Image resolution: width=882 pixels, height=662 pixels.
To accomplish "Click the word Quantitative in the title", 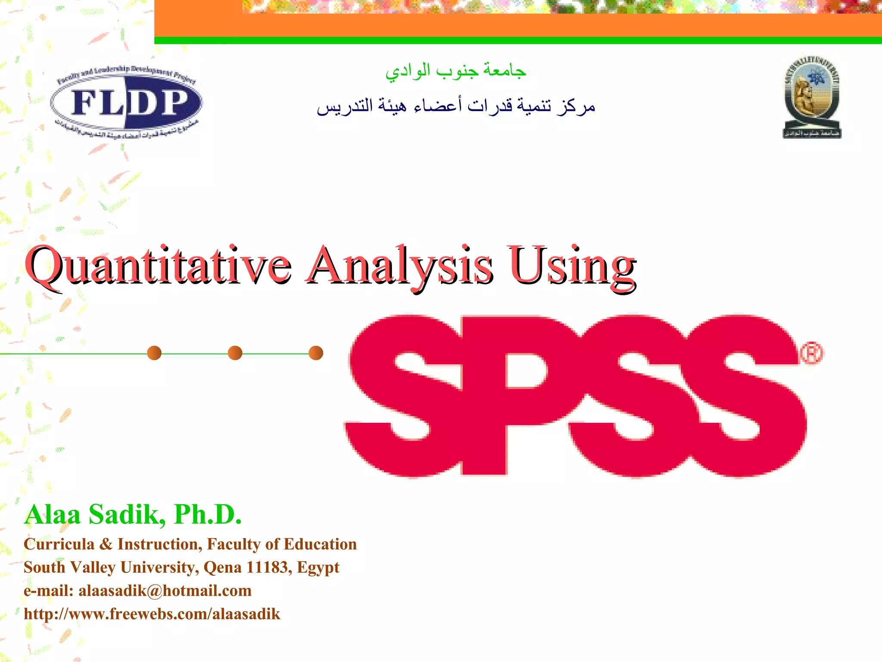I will pos(158,266).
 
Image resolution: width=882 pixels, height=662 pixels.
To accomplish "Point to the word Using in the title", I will pos(572,266).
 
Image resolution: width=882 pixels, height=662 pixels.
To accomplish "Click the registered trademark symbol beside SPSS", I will pos(811,353).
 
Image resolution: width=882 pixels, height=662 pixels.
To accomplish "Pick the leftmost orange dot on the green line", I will pos(154,353).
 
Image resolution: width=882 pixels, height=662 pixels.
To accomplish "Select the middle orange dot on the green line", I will pos(235,353).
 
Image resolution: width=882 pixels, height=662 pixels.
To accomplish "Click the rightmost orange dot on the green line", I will pos(316,353).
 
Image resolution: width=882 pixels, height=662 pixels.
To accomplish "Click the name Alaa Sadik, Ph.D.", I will pos(133,514).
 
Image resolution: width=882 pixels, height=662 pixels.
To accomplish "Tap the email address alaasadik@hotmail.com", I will pos(165,590).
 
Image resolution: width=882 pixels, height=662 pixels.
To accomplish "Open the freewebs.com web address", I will pos(152,614).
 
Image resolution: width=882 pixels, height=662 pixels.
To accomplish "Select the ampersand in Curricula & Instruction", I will pos(106,544).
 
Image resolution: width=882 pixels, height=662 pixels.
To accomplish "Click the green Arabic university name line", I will pos(456,70).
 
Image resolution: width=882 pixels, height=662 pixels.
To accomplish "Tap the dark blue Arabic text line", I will pos(456,106).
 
